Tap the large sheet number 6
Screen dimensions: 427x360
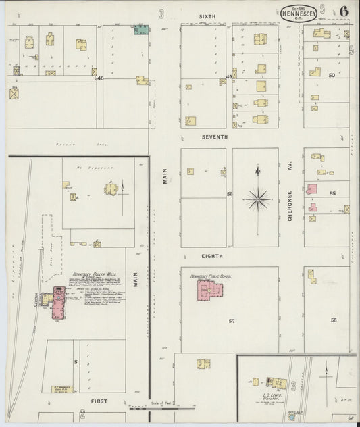(344, 11)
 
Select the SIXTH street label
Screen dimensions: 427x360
(207, 15)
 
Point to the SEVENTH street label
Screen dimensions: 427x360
(214, 136)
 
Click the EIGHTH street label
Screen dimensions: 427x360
(213, 257)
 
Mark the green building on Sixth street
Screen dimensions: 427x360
(141, 30)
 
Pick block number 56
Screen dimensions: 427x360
(230, 195)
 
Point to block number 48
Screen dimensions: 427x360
(101, 78)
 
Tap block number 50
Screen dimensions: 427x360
(331, 75)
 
